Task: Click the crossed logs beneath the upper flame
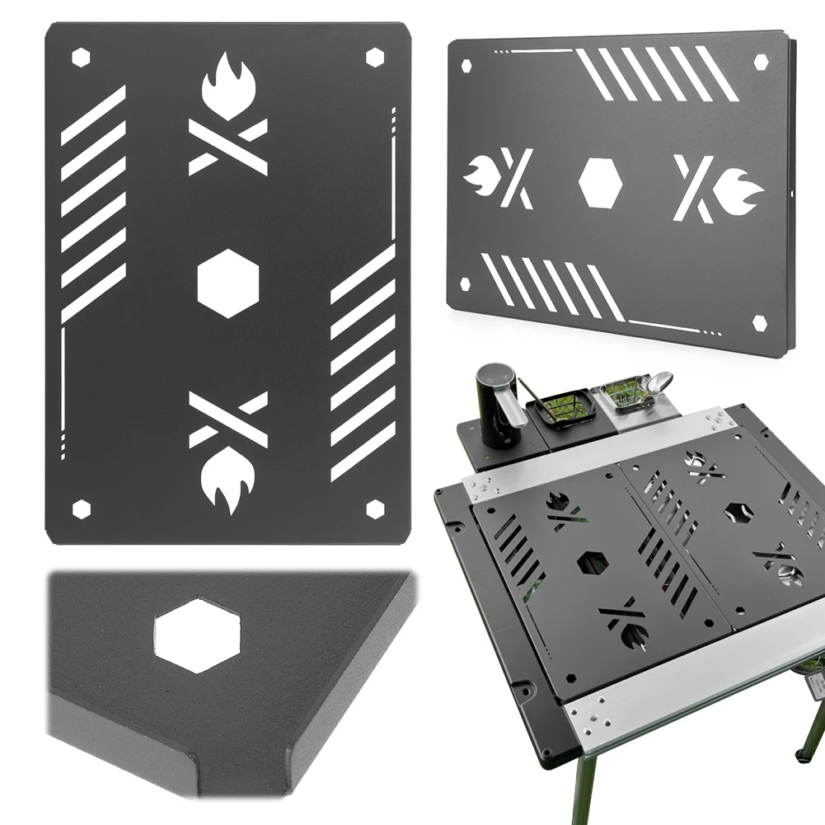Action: point(228,146)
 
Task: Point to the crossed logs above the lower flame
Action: point(228,420)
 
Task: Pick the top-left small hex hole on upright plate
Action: point(81,57)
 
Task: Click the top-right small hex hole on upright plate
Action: point(375,57)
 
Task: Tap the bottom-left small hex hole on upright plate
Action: point(81,509)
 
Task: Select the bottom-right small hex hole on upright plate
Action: point(375,509)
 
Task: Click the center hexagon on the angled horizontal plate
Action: point(600,181)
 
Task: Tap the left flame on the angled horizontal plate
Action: point(478,174)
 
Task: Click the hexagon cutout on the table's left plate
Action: point(593,563)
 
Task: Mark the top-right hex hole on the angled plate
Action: point(760,62)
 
